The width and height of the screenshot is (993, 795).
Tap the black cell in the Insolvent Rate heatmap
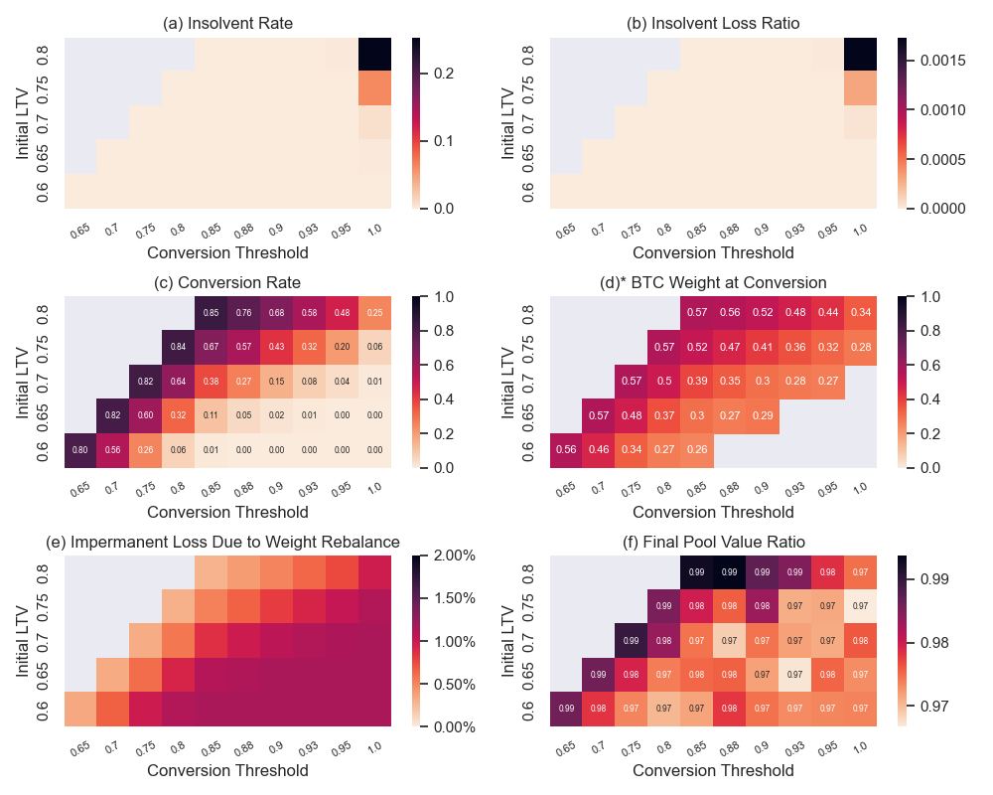[374, 55]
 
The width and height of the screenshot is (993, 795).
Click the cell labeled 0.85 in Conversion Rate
[211, 313]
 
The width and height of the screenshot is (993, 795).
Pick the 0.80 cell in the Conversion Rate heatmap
[80, 450]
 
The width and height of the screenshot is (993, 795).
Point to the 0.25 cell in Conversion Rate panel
[374, 313]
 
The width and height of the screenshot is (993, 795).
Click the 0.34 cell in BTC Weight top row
[861, 313]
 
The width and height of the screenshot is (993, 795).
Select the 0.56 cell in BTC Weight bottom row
[567, 450]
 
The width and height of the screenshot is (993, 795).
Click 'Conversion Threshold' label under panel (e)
[227, 770]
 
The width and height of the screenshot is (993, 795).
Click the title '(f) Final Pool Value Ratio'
[713, 542]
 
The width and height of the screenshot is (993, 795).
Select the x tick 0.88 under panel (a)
[243, 231]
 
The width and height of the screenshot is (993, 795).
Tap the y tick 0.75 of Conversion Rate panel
[43, 347]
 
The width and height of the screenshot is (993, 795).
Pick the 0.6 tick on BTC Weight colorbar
[926, 365]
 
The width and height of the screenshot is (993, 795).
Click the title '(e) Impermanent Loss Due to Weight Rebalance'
[222, 542]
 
